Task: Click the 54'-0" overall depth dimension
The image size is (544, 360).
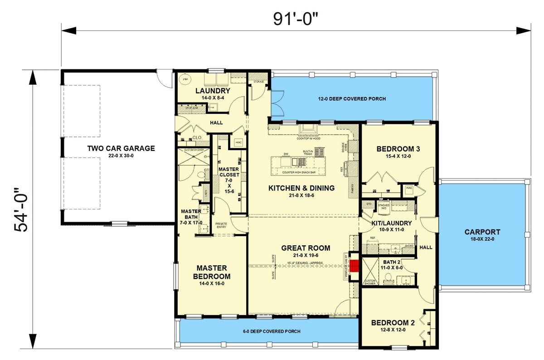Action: (21, 209)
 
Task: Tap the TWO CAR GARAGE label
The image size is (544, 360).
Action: (121, 148)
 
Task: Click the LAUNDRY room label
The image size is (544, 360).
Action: (213, 91)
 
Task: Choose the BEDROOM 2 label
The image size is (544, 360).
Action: (393, 323)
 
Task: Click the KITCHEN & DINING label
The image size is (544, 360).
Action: (301, 188)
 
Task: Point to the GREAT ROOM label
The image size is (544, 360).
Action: (306, 248)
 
